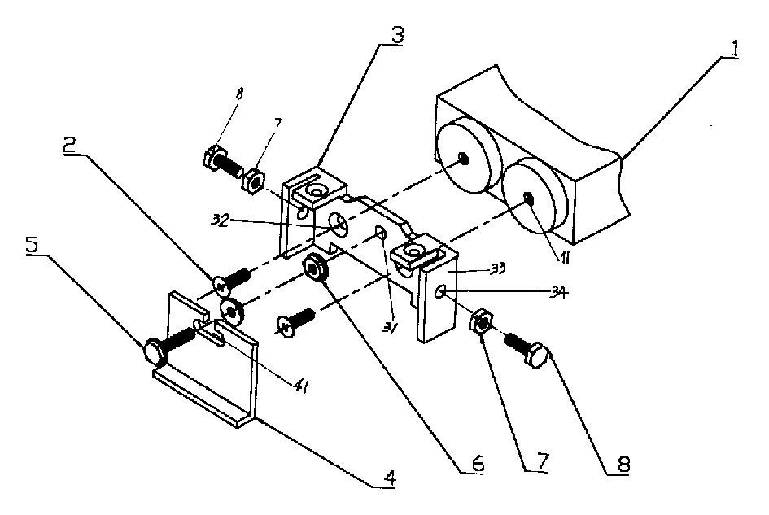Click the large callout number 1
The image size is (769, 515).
pos(733,49)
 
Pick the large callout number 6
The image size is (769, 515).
pos(478,465)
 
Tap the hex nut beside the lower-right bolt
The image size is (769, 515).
pos(480,324)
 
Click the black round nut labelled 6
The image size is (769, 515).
pos(313,268)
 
